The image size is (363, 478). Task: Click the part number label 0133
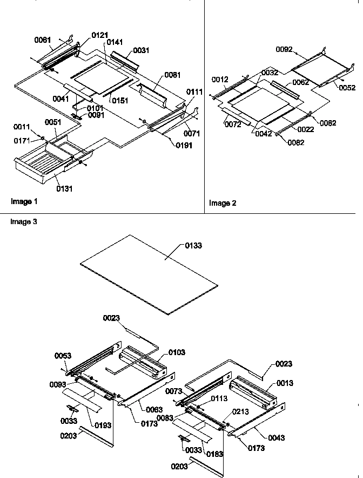click(x=194, y=246)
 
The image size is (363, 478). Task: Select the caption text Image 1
click(x=24, y=202)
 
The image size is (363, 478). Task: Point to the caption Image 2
click(x=223, y=204)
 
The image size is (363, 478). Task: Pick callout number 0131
click(x=64, y=189)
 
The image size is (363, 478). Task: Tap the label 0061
click(x=43, y=40)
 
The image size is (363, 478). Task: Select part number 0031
click(x=141, y=50)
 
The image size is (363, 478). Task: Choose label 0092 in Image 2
click(x=284, y=49)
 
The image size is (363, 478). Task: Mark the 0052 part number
click(x=347, y=88)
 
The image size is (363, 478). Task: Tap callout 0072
click(x=232, y=125)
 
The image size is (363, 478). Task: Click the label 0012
click(x=220, y=80)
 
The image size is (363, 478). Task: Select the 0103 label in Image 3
click(x=176, y=352)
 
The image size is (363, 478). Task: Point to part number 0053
click(x=63, y=356)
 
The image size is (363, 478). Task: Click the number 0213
click(x=241, y=411)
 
